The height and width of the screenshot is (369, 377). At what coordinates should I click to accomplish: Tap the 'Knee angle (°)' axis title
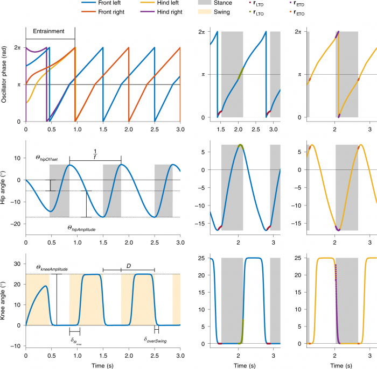pos(5,300)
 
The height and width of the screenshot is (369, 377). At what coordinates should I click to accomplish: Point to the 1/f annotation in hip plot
pos(95,154)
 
